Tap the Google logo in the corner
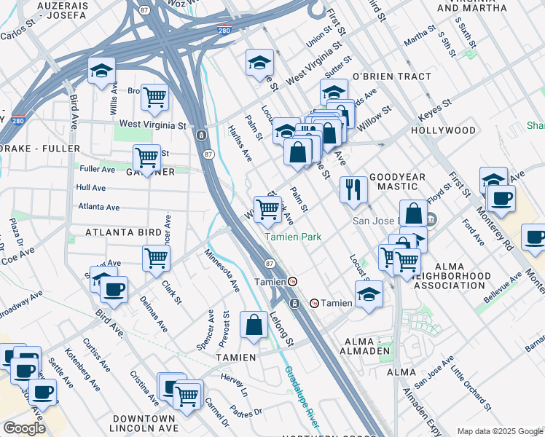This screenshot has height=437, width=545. click(24, 428)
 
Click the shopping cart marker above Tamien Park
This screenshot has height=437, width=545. click(268, 209)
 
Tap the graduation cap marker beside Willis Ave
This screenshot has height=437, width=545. click(101, 71)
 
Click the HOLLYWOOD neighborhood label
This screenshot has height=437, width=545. click(443, 130)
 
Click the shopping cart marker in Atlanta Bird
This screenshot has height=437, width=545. click(156, 258)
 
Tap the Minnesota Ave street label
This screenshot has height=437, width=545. click(221, 269)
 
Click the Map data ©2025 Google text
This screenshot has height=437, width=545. click(499, 431)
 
